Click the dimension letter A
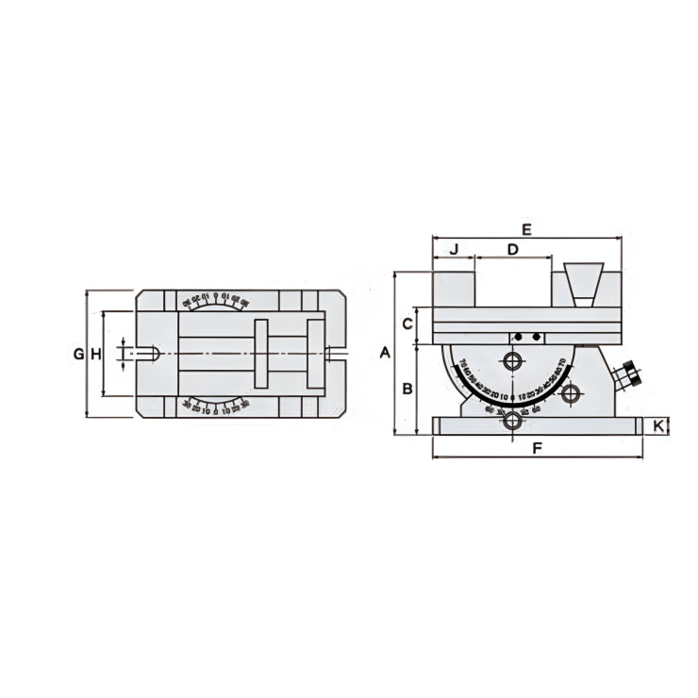click(x=384, y=353)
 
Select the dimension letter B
click(x=406, y=389)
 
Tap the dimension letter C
click(x=406, y=324)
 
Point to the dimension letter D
click(x=512, y=250)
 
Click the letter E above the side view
click(x=526, y=229)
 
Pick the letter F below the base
click(x=537, y=449)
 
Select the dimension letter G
click(x=78, y=354)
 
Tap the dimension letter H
click(x=95, y=354)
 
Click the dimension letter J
click(x=453, y=250)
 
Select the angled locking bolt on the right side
click(x=627, y=376)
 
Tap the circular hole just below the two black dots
click(x=513, y=362)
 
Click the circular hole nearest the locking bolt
click(x=569, y=395)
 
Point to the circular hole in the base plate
click(x=512, y=422)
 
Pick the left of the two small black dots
click(x=518, y=337)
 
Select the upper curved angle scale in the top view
click(x=215, y=302)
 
